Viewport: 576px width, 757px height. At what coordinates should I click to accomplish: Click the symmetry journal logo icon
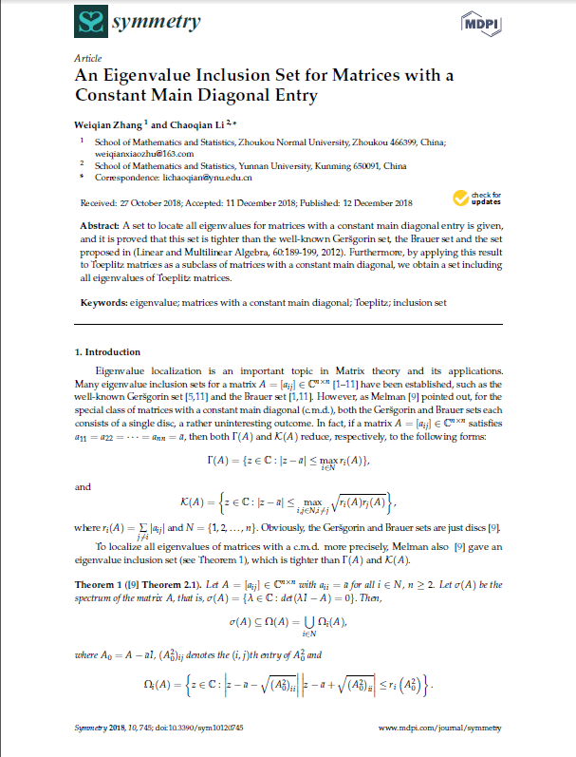tap(92, 22)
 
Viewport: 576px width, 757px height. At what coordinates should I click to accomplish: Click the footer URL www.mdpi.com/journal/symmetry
tap(439, 728)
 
